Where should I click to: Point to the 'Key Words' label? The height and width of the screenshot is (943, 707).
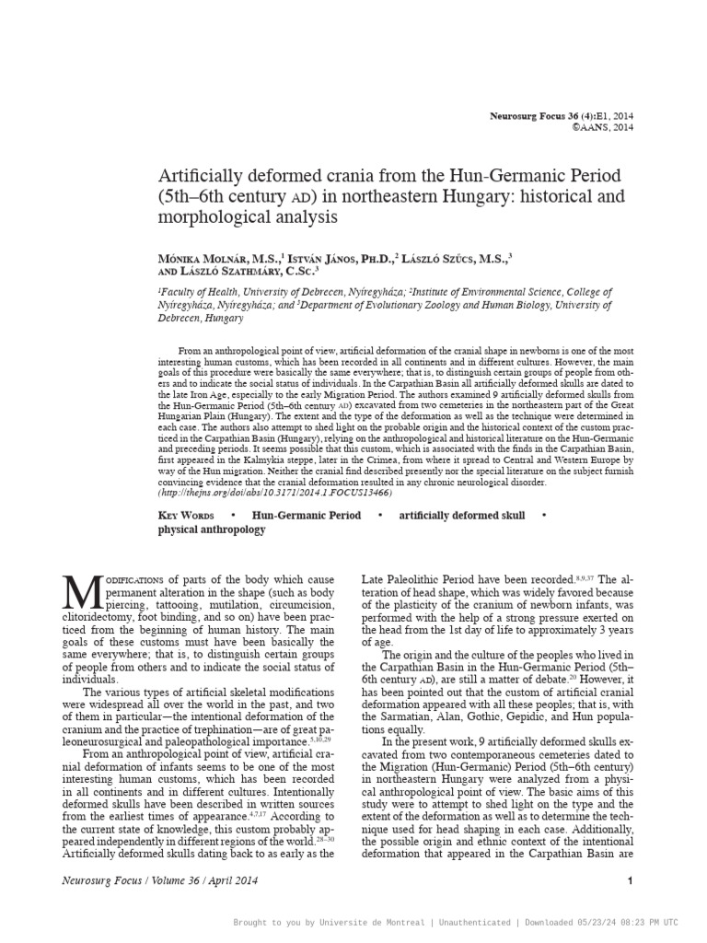coord(186,516)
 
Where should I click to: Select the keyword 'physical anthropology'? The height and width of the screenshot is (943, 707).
coord(212,530)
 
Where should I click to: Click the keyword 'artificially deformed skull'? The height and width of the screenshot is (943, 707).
coord(461,516)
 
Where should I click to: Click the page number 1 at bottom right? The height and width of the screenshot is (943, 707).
coord(630,881)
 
